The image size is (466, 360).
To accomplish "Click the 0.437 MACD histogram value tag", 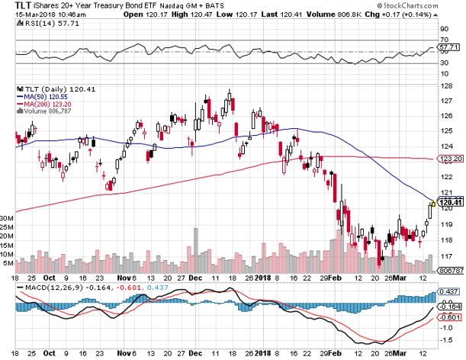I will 449,291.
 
